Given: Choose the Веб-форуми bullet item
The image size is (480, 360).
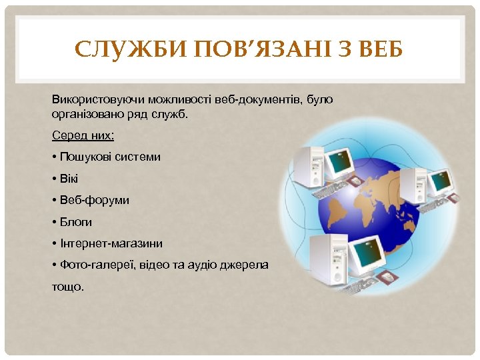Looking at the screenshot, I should point(94,200).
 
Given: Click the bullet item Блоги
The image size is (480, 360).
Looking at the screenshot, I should point(75,221).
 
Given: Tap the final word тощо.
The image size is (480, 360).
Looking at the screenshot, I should point(67,287).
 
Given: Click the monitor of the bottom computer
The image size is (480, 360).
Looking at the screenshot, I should point(365,253).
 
